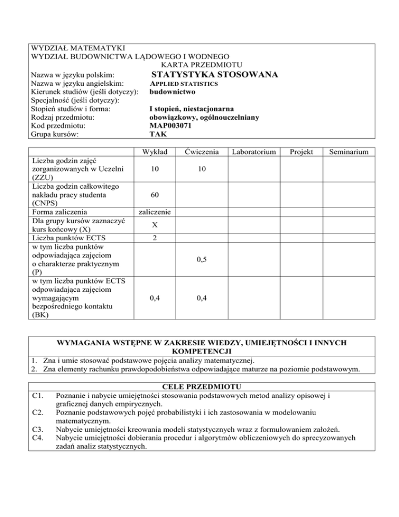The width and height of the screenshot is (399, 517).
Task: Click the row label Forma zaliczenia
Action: pos(60,212)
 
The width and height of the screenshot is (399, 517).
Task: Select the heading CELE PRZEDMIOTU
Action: pos(199,386)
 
